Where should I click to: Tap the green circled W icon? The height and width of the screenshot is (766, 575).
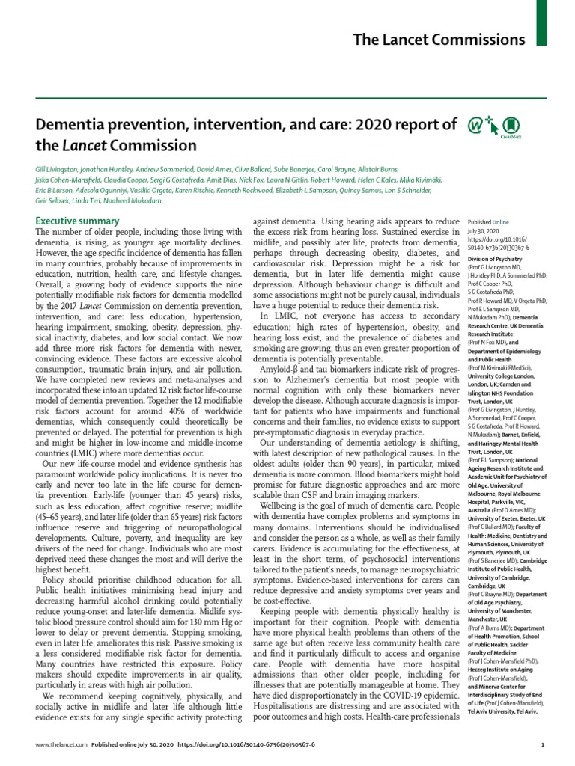[475, 125]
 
